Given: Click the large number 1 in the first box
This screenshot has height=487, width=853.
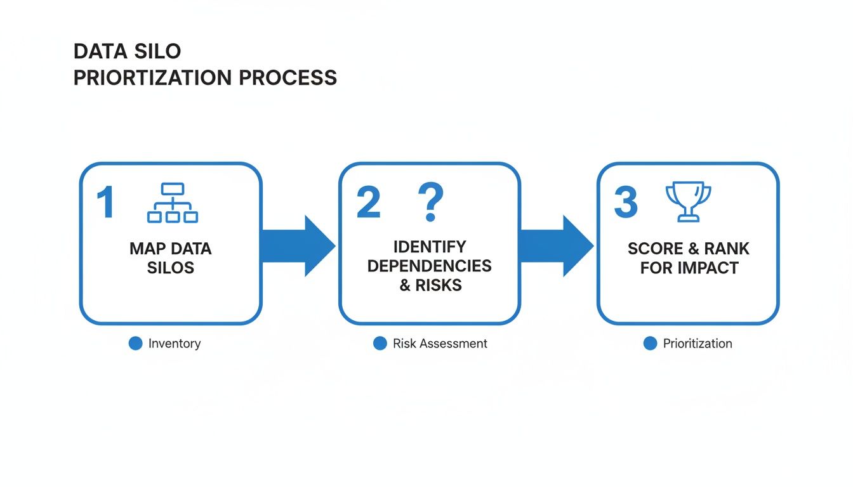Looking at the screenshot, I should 106,203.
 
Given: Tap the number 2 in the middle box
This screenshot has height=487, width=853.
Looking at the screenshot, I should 368,203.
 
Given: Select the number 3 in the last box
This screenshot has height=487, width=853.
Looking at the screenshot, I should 626,203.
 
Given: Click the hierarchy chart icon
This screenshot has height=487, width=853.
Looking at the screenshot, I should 173,203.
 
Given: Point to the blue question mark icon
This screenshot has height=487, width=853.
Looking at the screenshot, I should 430,202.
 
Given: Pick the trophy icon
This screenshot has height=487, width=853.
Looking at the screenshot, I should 688,202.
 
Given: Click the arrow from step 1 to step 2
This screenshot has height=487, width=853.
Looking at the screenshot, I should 298,246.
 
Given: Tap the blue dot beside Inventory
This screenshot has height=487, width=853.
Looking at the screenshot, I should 135,344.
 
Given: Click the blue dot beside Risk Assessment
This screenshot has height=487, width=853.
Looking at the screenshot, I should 380,344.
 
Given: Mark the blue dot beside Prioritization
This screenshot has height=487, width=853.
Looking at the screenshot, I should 650,344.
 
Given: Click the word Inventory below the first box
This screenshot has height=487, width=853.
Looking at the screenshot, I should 175,344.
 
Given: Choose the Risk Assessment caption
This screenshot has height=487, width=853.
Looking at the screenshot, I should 440,344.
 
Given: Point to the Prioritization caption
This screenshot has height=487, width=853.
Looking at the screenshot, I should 698,344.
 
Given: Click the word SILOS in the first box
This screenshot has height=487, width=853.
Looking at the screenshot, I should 171,268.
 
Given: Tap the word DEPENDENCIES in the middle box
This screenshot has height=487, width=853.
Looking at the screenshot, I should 430,266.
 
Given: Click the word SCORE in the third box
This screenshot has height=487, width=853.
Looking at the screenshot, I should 655,249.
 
